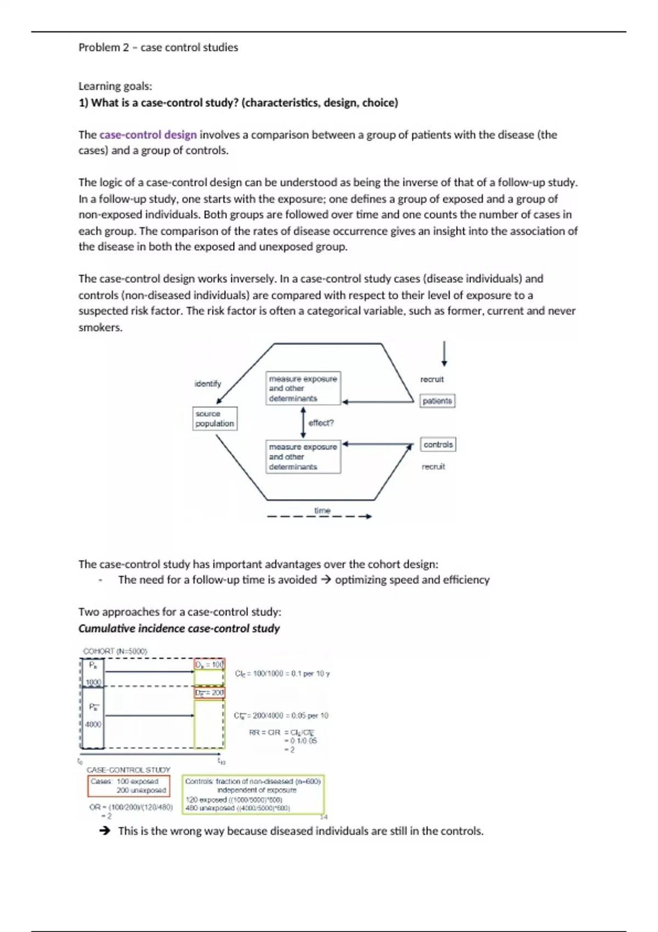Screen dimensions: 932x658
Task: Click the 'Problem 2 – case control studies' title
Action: (x=158, y=48)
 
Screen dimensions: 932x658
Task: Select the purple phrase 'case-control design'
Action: (x=148, y=135)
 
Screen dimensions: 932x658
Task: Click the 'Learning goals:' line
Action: (x=115, y=86)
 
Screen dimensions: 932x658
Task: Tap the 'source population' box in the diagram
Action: (x=215, y=418)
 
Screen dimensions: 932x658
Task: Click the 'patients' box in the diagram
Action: (x=437, y=401)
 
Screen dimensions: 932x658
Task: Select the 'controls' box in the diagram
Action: (x=438, y=444)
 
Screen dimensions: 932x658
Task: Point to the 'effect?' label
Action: (x=321, y=423)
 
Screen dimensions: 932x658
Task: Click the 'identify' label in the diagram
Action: (x=208, y=383)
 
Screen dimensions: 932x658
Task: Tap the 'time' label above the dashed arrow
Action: (x=322, y=510)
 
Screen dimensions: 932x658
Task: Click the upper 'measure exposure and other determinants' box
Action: (x=303, y=388)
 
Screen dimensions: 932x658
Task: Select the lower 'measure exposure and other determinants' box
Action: (x=303, y=457)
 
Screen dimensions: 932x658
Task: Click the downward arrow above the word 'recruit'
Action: (x=444, y=354)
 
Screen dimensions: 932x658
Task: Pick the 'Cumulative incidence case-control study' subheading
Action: (x=179, y=628)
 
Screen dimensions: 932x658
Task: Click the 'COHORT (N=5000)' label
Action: (x=115, y=651)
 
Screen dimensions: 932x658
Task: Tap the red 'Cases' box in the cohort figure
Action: (x=129, y=786)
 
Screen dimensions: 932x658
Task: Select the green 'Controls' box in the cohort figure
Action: (x=253, y=794)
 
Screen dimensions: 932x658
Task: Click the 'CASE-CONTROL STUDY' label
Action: (x=128, y=770)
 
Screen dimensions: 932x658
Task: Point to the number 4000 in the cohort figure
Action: (x=93, y=724)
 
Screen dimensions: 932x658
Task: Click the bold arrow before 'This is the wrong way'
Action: (x=105, y=831)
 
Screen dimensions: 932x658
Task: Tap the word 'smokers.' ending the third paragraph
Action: (x=100, y=327)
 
